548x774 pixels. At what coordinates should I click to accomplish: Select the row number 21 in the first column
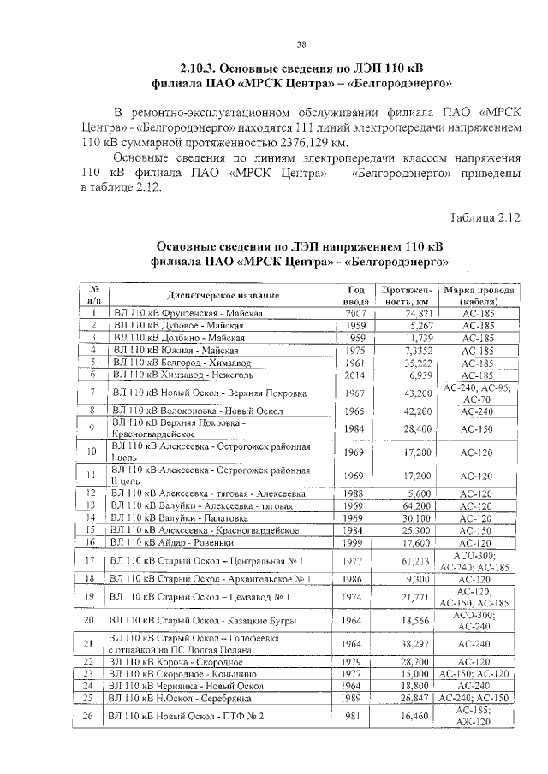90,643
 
